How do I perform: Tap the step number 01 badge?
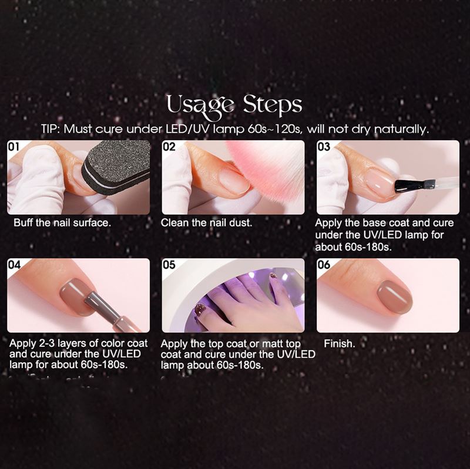pos(14,147)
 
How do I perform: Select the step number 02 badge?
pos(169,147)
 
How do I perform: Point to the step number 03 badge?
pos(324,147)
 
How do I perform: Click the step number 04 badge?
pos(14,265)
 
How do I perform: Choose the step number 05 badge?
pos(169,265)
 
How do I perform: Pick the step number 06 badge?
pos(324,265)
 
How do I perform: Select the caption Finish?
pos(340,343)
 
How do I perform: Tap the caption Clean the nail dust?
pos(207,223)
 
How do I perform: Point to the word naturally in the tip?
pos(397,129)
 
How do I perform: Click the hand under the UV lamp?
pos(241,305)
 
